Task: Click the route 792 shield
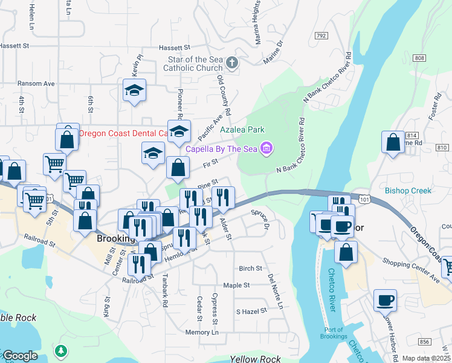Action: coord(320,36)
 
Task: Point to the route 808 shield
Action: coord(420,58)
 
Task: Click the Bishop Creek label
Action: coord(408,191)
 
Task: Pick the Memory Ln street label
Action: coord(202,332)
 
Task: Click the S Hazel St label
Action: coord(251,311)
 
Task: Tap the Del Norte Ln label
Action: coord(276,290)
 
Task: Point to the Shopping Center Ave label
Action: coord(411,270)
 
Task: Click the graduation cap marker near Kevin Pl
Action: coord(134,91)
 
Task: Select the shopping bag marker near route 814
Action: coord(393,143)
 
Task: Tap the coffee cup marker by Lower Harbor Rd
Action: coord(385,300)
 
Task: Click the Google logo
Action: coord(21,356)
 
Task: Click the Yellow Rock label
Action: coord(255,359)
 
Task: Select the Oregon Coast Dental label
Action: coord(123,133)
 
